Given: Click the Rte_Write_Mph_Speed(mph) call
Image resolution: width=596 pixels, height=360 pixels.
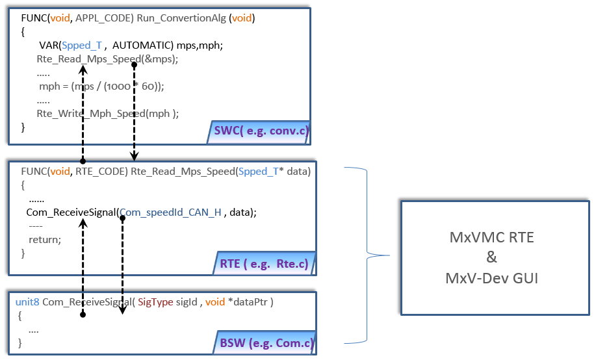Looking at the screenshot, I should click(107, 113).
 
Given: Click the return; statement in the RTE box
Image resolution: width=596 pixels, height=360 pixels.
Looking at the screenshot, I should click(45, 239).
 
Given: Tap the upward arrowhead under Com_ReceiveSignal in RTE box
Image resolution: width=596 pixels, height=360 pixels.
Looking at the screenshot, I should click(83, 223).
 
